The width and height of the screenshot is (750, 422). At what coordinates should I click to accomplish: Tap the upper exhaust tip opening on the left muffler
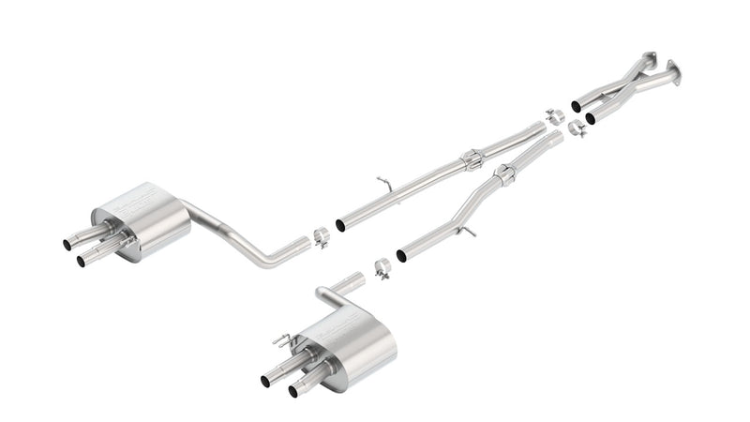click(67, 245)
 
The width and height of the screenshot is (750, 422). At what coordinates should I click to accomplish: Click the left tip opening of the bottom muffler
click(265, 381)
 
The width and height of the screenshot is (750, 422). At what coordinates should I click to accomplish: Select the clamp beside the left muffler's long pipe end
click(321, 237)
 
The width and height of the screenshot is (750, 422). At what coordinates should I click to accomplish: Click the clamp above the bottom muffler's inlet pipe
click(382, 269)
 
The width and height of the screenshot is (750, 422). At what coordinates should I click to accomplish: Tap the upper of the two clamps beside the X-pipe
click(554, 115)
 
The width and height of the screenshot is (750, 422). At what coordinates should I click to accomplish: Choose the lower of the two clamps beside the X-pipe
click(577, 128)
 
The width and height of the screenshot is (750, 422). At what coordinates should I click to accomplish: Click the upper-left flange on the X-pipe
click(648, 57)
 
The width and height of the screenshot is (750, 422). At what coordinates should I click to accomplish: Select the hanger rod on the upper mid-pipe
click(383, 181)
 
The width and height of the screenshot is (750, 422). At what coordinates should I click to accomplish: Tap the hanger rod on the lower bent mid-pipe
click(468, 231)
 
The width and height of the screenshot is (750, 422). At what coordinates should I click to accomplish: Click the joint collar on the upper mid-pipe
click(472, 160)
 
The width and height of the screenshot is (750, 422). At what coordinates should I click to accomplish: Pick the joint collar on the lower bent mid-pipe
click(505, 174)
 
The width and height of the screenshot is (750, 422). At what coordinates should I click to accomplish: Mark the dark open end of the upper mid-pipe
click(339, 226)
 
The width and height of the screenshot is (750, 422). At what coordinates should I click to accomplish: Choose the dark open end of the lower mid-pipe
click(402, 256)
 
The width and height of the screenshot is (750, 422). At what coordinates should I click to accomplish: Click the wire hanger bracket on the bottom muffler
click(280, 339)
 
